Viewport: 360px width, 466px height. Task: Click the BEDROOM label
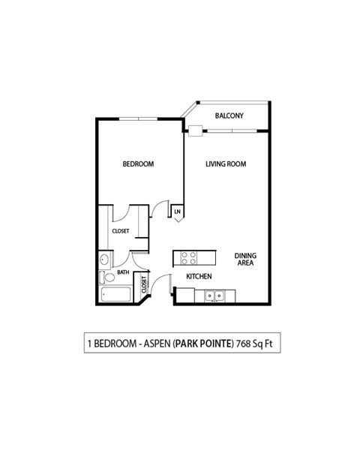click(x=138, y=164)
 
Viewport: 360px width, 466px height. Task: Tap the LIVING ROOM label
click(x=226, y=164)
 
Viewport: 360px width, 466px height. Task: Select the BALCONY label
click(x=227, y=116)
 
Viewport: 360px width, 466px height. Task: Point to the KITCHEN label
click(x=199, y=277)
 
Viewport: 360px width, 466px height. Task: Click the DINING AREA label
click(x=245, y=259)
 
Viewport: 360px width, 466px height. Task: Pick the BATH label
click(x=122, y=272)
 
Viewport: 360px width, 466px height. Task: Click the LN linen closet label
click(x=178, y=212)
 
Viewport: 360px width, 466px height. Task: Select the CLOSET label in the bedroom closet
click(x=121, y=231)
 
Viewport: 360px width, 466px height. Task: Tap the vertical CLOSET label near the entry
click(x=143, y=284)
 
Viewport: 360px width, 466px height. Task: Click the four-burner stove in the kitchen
click(x=188, y=257)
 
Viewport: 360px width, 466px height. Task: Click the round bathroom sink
click(x=104, y=260)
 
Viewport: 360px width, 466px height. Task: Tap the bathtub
click(x=115, y=293)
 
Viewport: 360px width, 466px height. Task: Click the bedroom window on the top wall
click(x=138, y=118)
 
